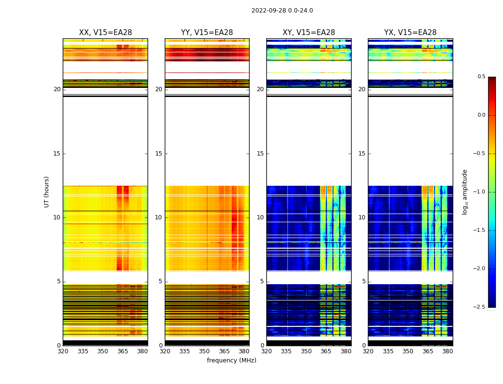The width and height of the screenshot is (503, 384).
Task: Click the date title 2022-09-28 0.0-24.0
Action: pyautogui.click(x=282, y=11)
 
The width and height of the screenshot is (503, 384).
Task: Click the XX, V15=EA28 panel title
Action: pyautogui.click(x=105, y=33)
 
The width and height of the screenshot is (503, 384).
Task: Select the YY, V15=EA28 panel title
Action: pyautogui.click(x=207, y=33)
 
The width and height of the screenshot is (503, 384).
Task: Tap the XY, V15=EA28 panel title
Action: pyautogui.click(x=309, y=33)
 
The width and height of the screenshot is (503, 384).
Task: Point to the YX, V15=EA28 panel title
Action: pyautogui.click(x=411, y=33)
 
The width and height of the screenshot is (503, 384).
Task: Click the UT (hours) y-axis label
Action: pyautogui.click(x=47, y=192)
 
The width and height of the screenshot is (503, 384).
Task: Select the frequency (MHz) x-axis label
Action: pyautogui.click(x=231, y=360)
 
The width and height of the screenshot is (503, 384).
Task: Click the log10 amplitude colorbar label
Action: pyautogui.click(x=465, y=192)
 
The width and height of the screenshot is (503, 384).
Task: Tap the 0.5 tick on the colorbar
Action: pyautogui.click(x=481, y=77)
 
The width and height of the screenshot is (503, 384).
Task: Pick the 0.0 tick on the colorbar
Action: pyautogui.click(x=481, y=115)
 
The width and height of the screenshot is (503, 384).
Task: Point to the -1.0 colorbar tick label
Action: pyautogui.click(x=479, y=192)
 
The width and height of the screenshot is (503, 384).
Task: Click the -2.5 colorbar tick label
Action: pyautogui.click(x=479, y=307)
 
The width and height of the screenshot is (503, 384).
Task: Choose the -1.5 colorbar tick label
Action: pyautogui.click(x=479, y=230)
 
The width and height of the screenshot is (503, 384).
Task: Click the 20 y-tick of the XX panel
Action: pyautogui.click(x=57, y=89)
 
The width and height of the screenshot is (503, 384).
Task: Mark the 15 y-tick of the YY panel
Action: pyautogui.click(x=159, y=154)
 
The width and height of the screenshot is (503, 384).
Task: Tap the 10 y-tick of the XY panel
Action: pyautogui.click(x=261, y=217)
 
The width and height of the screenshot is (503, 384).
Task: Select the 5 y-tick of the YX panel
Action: pyautogui.click(x=364, y=281)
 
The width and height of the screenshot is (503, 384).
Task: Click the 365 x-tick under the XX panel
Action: pyautogui.click(x=123, y=351)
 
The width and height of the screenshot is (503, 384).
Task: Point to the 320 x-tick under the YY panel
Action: pyautogui.click(x=165, y=351)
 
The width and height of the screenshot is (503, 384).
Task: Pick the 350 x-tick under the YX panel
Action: pyautogui.click(x=408, y=351)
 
